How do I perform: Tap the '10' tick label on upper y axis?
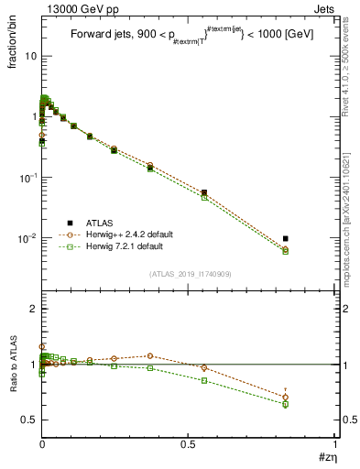tap(29, 56)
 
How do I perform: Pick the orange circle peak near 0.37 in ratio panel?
tap(149, 355)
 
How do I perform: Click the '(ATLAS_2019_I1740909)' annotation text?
tap(190, 274)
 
